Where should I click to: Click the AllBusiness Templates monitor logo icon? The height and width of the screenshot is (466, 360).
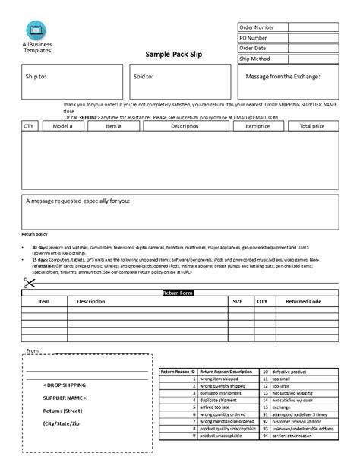pos(36,31)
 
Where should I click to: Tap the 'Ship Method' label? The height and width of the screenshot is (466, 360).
pos(254,59)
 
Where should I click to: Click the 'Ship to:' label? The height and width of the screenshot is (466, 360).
pos(36,77)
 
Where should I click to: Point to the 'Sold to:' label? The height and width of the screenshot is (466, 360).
pos(144,77)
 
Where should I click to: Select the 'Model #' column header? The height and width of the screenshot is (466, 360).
pos(62,126)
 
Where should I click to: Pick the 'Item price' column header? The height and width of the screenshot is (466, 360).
pos(257,126)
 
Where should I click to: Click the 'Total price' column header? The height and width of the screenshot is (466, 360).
pos(311,126)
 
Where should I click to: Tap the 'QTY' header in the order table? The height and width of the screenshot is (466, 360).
pos(28,126)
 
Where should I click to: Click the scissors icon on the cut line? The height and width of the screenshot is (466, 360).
pos(30,283)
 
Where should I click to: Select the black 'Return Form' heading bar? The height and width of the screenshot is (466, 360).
pos(179,293)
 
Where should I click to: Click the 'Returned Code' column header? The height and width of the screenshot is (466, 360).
pos(303,301)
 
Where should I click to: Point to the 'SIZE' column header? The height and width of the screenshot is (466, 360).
pos(237,301)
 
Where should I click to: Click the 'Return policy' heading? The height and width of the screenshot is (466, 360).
pos(34,235)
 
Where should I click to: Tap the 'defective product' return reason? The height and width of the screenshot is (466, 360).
pos(292,372)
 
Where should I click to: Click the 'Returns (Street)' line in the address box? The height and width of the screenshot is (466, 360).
pos(62,411)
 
